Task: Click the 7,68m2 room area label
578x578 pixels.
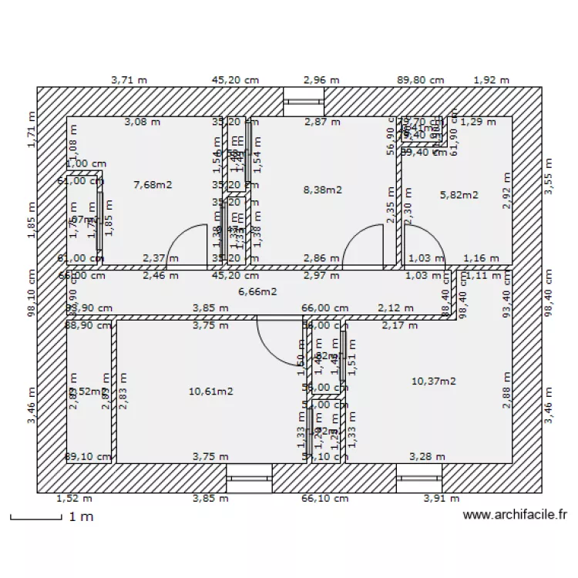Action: [153, 184]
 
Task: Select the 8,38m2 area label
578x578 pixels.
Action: [323, 190]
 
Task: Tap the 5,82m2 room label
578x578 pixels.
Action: [459, 195]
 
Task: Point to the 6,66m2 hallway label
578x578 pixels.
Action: [257, 291]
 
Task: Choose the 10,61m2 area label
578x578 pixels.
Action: [210, 391]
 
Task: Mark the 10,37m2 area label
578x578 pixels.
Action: [433, 381]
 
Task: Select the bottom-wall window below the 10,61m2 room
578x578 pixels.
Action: [249, 478]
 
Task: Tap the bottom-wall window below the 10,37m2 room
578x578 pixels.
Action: [419, 478]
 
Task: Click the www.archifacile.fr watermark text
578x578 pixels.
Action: [516, 515]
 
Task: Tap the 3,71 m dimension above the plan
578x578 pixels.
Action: [129, 79]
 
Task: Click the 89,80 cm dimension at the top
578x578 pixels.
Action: [420, 79]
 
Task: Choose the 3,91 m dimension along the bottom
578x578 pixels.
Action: [440, 499]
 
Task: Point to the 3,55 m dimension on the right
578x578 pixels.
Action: [549, 176]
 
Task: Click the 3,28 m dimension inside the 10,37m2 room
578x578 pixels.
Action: [427, 456]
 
